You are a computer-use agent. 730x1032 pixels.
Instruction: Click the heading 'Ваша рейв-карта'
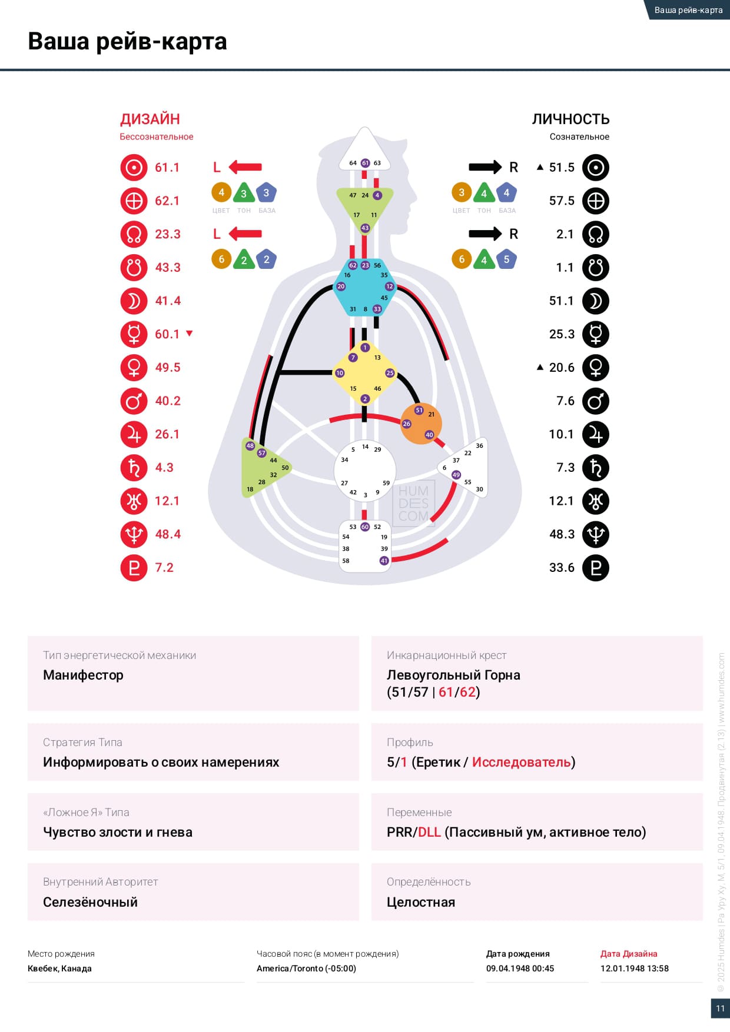tap(127, 42)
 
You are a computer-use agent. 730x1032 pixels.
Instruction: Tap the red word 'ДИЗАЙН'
tap(150, 119)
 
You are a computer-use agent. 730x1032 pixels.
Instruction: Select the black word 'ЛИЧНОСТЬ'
tap(570, 119)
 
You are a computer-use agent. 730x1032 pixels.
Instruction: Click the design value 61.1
tap(167, 168)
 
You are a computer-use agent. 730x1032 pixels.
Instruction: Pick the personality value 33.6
tap(562, 568)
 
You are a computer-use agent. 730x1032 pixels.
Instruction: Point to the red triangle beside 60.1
tap(190, 334)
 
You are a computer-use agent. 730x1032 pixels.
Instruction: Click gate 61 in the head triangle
tap(365, 163)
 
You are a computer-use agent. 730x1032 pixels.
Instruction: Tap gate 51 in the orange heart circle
tap(419, 410)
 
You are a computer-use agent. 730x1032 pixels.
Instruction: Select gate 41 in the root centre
tap(384, 561)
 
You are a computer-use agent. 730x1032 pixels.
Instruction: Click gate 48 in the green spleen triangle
tap(250, 446)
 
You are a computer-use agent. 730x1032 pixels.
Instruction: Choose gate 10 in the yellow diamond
tap(340, 373)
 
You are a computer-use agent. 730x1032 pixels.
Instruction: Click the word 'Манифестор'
tap(83, 675)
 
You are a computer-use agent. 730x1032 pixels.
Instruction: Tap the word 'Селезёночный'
tap(90, 902)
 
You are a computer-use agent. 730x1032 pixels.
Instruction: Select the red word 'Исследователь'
tap(522, 762)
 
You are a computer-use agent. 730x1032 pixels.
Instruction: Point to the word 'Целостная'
tap(421, 902)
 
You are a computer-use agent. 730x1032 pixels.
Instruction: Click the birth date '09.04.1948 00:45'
tap(520, 968)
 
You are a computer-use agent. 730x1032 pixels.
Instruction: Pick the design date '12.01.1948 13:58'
tap(634, 968)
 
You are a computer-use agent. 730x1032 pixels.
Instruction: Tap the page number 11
tap(720, 1008)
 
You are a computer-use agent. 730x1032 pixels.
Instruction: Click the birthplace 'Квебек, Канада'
tap(59, 968)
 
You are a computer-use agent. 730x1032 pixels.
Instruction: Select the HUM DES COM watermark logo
tap(413, 503)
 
